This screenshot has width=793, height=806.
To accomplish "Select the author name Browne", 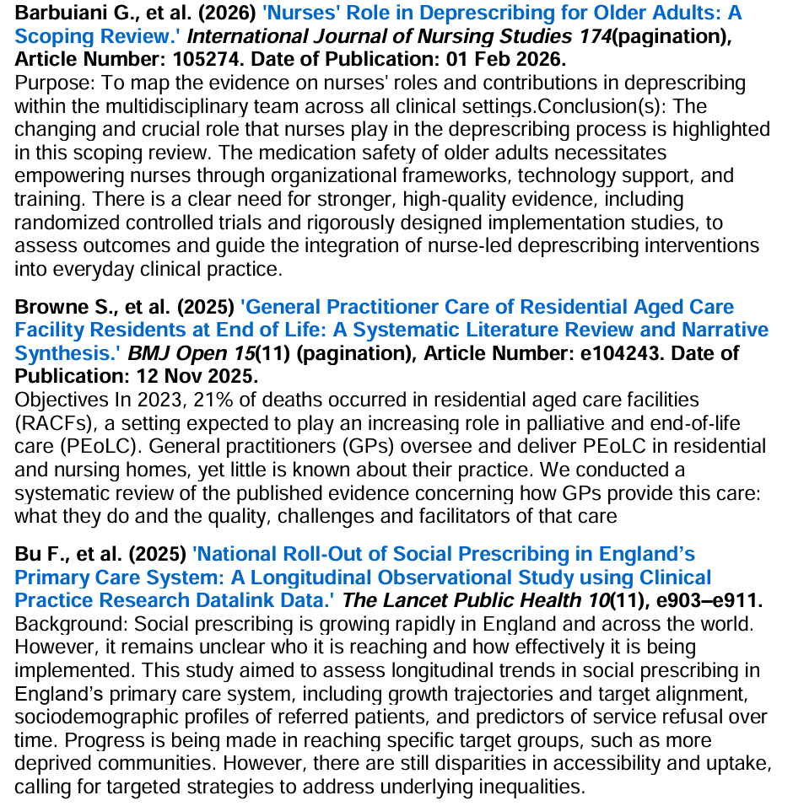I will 50,306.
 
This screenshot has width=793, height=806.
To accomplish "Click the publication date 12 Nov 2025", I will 186,374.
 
